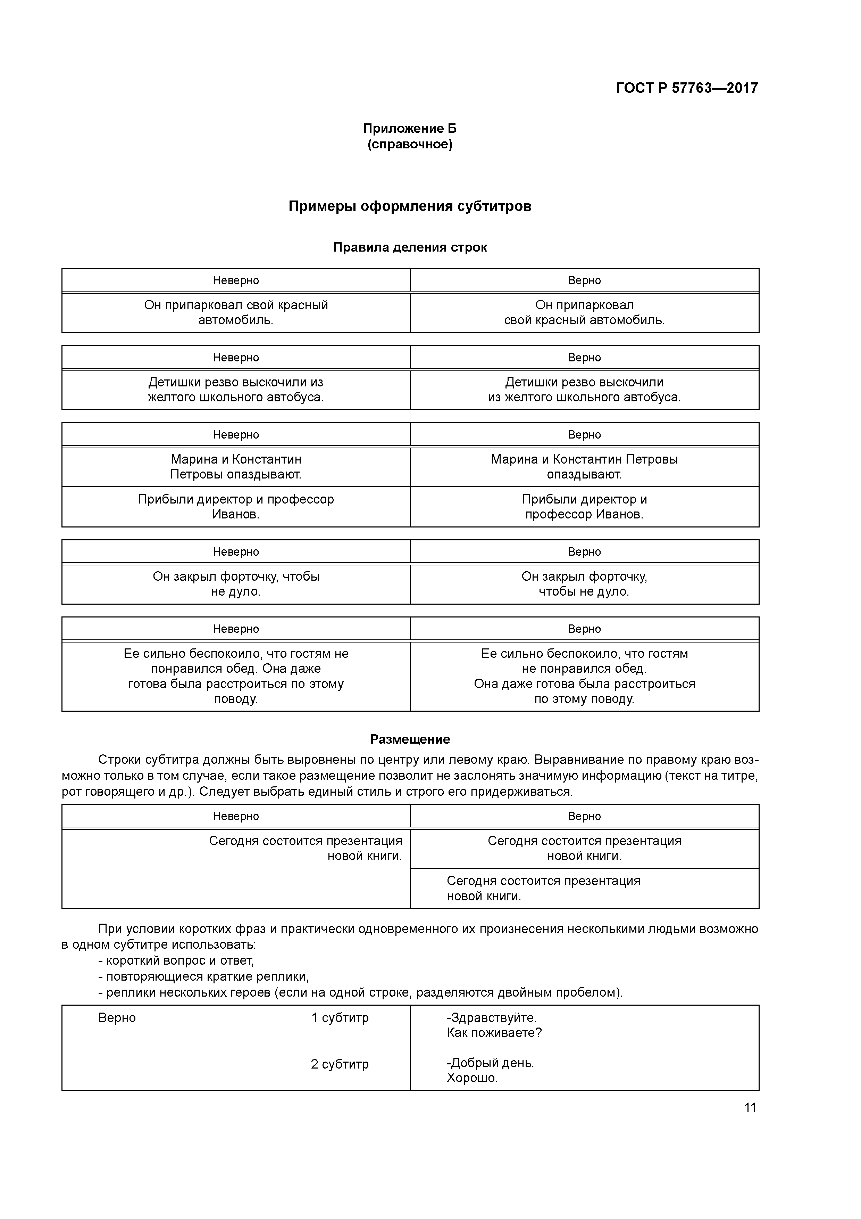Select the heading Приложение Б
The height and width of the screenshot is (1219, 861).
[410, 129]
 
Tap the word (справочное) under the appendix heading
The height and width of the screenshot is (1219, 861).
[410, 145]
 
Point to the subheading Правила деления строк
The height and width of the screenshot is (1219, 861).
[410, 247]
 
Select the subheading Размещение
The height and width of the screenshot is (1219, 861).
[410, 739]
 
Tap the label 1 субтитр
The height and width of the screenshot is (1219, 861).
[340, 1018]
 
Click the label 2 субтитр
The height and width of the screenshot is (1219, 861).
[340, 1064]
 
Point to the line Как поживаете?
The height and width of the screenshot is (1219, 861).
[494, 1033]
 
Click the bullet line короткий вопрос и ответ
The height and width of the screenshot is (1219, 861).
[176, 960]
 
